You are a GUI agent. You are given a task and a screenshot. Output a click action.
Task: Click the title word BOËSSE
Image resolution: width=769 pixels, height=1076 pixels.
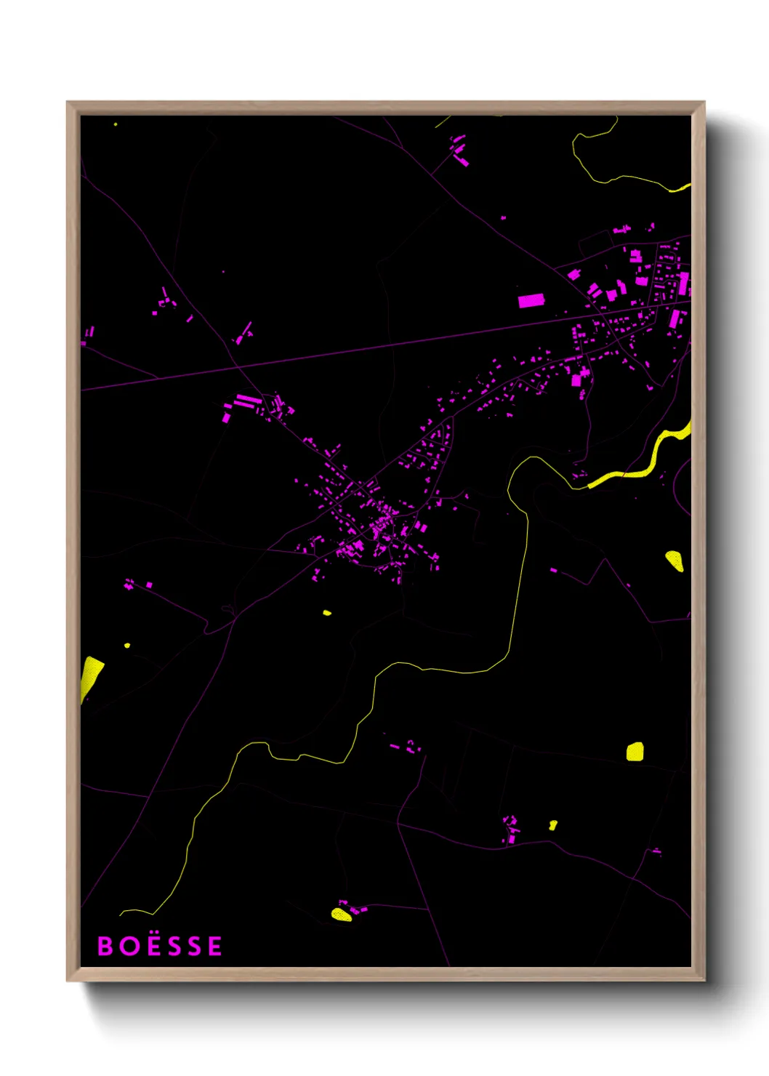click(x=160, y=946)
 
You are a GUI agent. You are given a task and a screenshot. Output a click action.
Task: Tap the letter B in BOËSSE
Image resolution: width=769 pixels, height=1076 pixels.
click(x=105, y=946)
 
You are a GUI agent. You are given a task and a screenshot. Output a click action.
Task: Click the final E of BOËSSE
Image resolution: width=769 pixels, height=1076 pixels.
click(x=214, y=946)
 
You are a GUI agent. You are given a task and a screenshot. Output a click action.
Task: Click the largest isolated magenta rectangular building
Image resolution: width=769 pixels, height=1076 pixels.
click(x=531, y=300)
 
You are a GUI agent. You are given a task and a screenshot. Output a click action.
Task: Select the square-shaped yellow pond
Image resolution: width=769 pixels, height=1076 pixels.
click(x=635, y=751)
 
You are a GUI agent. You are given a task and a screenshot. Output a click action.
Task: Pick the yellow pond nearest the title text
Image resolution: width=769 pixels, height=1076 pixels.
click(x=341, y=914)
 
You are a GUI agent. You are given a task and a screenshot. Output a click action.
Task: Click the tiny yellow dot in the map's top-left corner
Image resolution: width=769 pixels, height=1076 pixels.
click(x=116, y=124)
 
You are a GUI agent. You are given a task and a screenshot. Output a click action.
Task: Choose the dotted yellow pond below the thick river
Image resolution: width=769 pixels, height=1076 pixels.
click(x=675, y=561)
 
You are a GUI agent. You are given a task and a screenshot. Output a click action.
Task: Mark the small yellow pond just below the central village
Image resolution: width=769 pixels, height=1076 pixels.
click(x=327, y=613)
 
